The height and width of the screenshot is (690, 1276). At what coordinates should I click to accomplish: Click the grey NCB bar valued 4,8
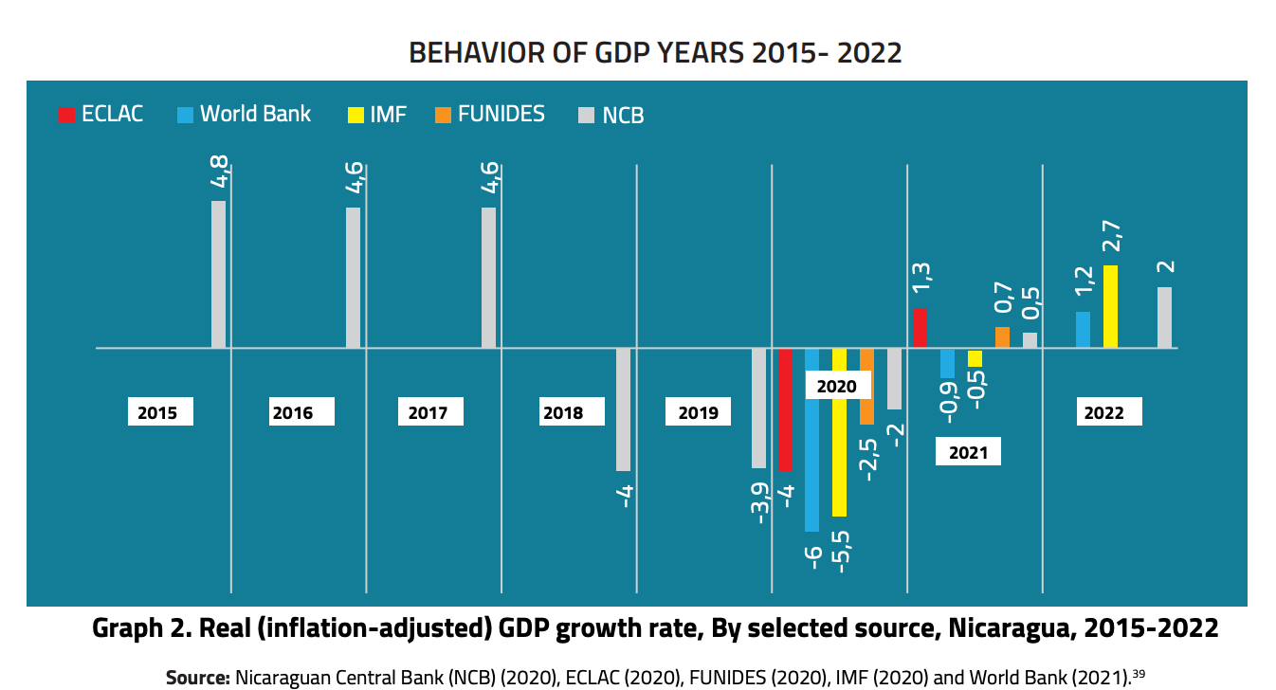218,274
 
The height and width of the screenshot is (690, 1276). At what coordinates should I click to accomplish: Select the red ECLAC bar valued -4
785,409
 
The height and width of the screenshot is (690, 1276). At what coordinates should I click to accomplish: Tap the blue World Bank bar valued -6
811,440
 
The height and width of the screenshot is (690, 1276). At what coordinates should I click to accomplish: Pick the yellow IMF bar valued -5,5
839,432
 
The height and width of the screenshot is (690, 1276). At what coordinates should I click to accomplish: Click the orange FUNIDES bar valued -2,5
866,386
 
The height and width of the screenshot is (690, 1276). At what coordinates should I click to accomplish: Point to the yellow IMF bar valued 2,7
1110,306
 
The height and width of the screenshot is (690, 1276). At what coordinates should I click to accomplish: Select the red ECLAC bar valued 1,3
920,328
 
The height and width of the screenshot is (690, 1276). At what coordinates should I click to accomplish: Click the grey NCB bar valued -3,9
758,408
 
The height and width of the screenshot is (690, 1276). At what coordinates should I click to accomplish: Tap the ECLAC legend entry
100,115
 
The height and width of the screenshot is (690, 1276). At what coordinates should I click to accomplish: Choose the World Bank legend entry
244,115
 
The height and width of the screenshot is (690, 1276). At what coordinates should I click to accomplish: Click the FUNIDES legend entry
490,115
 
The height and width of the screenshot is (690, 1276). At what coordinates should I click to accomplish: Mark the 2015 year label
157,412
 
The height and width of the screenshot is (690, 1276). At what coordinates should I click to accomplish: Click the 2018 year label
563,412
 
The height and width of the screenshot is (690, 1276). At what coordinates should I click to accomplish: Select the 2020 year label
836,386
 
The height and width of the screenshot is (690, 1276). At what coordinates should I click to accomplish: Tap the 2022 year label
1104,412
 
